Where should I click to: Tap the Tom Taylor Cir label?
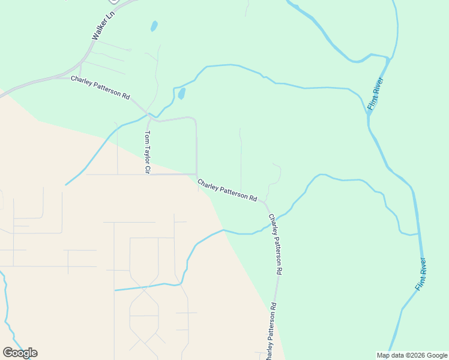click(146, 152)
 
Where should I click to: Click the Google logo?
click(20, 353)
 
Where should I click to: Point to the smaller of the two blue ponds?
click(154, 26)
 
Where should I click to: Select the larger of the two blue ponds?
click(181, 94)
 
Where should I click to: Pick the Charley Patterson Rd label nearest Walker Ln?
click(100, 88)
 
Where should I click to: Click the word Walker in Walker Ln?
click(100, 31)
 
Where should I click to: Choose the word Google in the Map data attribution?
click(436, 355)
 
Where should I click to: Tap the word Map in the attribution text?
click(383, 355)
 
